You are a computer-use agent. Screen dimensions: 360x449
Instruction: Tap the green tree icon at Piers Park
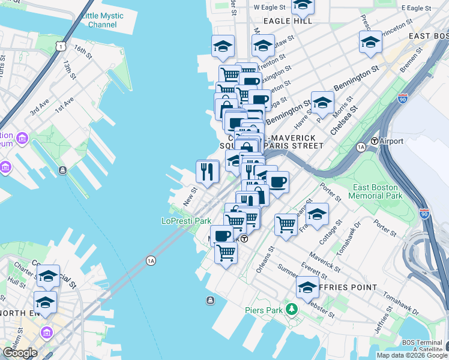(x=292, y=310)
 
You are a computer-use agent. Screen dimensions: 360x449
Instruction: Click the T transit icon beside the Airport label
(x=375, y=141)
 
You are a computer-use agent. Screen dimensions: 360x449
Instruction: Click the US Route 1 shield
(x=59, y=46)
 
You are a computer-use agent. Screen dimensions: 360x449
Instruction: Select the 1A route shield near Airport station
(x=361, y=146)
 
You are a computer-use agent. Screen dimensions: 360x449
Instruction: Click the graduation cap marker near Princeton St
(x=370, y=42)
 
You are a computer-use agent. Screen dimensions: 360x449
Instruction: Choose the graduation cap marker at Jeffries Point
(x=307, y=288)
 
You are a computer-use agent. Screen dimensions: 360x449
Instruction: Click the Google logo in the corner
(x=20, y=353)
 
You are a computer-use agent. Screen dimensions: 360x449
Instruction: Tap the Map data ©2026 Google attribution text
(x=412, y=355)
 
